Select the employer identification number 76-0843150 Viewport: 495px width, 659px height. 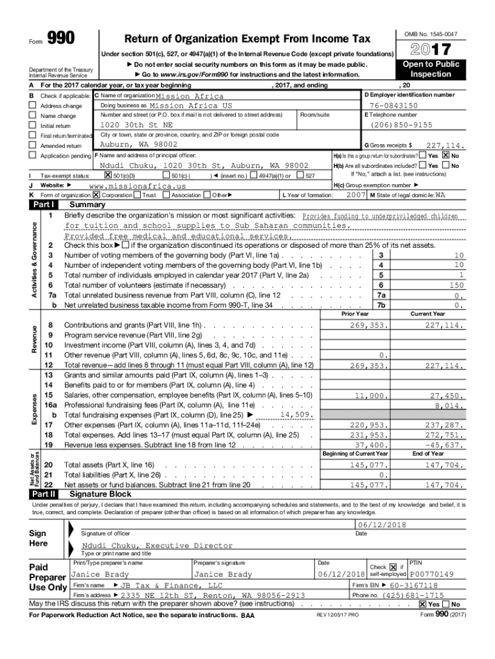[393, 105]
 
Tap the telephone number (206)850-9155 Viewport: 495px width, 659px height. [402, 125]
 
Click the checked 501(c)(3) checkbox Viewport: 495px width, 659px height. [108, 175]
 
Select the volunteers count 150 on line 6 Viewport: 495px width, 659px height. [456, 284]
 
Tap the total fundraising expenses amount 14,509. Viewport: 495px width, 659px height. [296, 415]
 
